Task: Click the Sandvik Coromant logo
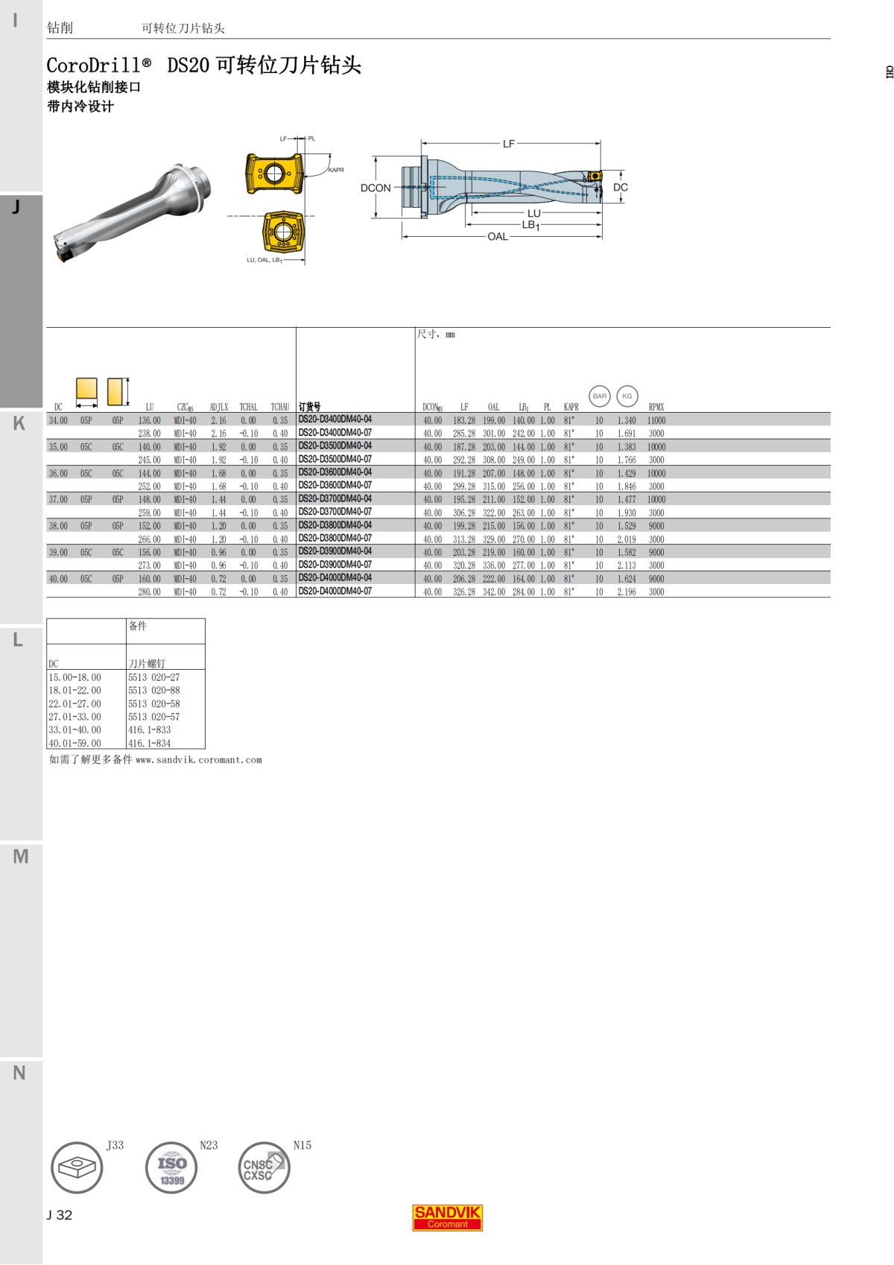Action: coord(447,1217)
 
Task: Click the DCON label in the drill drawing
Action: coord(375,188)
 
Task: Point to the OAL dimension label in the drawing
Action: coord(497,237)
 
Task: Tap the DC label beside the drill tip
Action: coord(620,188)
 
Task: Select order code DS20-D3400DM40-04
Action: coord(335,419)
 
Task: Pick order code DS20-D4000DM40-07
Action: coord(335,592)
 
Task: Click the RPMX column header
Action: coord(656,407)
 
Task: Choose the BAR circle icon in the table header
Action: coord(599,396)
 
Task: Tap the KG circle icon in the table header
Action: coord(627,396)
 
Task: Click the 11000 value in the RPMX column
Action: coord(656,420)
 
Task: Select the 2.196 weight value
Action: coord(626,592)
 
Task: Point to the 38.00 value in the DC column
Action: coord(58,526)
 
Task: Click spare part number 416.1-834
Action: coord(149,743)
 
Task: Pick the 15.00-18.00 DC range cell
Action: coord(74,677)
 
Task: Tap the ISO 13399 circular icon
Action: coord(171,1167)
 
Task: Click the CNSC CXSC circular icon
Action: coord(264,1167)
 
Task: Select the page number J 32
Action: coord(60,1215)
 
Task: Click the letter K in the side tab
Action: coord(19,423)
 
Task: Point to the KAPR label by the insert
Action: coord(336,170)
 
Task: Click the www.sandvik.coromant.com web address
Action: coord(198,760)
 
